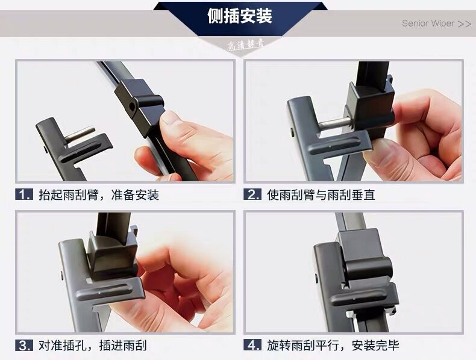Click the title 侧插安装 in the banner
pyautogui.click(x=240, y=16)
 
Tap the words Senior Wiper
pyautogui.click(x=428, y=23)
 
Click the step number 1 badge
pyautogui.click(x=24, y=194)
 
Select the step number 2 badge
pyautogui.click(x=252, y=194)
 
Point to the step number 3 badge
pyautogui.click(x=24, y=346)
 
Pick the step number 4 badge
pyautogui.click(x=252, y=346)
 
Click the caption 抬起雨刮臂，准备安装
pyautogui.click(x=99, y=194)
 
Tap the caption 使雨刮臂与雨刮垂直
pyautogui.click(x=321, y=194)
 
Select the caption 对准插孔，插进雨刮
pyautogui.click(x=93, y=346)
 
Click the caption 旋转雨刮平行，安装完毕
pyautogui.click(x=333, y=346)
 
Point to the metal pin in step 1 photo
pyautogui.click(x=80, y=135)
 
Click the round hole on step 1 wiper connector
pyautogui.click(x=132, y=106)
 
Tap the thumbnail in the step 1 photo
pyautogui.click(x=171, y=117)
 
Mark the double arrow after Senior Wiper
pyautogui.click(x=465, y=23)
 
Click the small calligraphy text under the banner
pyautogui.click(x=245, y=45)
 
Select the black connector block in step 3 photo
pyautogui.click(x=111, y=255)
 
